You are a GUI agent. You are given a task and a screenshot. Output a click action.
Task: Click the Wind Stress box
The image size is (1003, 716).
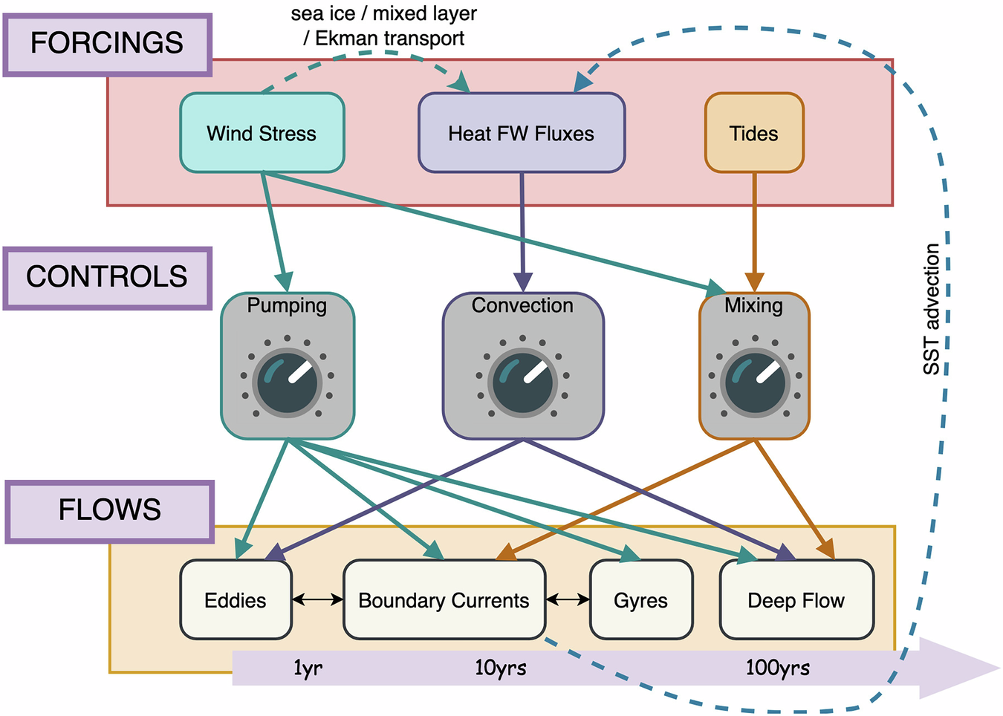[262, 133]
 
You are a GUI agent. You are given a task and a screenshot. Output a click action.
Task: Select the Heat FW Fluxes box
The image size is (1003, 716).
[521, 133]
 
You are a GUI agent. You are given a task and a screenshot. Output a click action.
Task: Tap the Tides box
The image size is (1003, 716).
[753, 133]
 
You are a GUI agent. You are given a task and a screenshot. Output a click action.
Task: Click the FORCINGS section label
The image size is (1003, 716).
[107, 44]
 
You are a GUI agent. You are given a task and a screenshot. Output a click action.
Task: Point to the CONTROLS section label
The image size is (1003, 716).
[107, 277]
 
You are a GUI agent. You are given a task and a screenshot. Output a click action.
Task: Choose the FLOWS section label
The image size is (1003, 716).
[109, 510]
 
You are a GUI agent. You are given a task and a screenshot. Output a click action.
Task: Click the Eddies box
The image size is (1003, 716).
[236, 600]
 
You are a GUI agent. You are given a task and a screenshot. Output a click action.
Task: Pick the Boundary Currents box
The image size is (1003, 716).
[444, 600]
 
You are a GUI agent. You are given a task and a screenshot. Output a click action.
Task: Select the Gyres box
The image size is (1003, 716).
[640, 600]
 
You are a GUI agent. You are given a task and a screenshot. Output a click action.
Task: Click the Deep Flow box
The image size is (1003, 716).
[796, 600]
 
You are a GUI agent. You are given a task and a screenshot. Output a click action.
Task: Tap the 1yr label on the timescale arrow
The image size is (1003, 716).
[308, 668]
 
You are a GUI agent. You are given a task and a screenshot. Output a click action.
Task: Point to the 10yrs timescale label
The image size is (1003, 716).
[500, 668]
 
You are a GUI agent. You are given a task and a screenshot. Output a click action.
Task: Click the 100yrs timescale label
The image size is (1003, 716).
[777, 668]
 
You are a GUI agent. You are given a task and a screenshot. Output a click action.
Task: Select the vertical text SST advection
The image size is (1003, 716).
[932, 309]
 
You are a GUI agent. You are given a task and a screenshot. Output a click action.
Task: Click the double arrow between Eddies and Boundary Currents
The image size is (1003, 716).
[317, 599]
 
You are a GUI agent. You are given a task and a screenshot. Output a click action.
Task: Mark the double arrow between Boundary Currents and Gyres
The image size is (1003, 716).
[568, 599]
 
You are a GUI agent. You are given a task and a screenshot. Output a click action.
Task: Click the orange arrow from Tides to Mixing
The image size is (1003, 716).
[754, 230]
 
